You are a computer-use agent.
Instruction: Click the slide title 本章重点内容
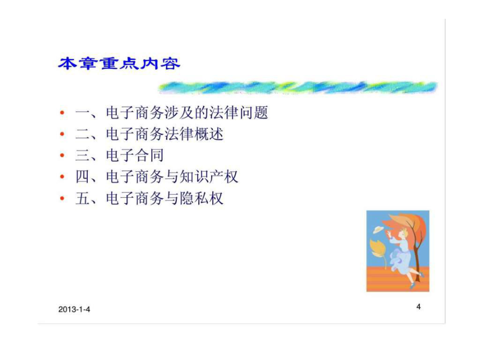119,64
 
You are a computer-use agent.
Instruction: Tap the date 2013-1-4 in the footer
74,309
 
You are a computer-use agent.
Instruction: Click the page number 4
418,306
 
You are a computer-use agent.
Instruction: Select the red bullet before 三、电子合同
62,155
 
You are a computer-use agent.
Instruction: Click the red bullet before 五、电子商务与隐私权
62,198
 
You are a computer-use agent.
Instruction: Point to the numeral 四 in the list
82,177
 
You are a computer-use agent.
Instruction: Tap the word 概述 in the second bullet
209,134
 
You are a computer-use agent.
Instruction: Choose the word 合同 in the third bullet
149,155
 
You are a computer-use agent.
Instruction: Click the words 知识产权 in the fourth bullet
209,177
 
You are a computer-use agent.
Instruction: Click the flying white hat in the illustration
378,229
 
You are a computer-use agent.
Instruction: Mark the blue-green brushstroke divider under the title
298,87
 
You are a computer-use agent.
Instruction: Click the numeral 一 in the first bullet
82,113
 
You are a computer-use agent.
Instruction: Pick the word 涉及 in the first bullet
179,112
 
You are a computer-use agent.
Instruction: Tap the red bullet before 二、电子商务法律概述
62,134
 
